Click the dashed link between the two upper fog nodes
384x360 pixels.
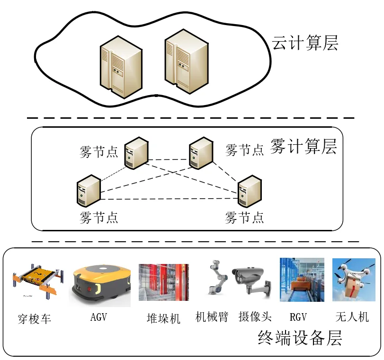[169, 158]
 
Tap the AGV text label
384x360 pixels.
[98, 317]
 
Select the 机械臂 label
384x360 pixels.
[212, 316]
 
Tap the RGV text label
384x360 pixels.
[299, 316]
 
